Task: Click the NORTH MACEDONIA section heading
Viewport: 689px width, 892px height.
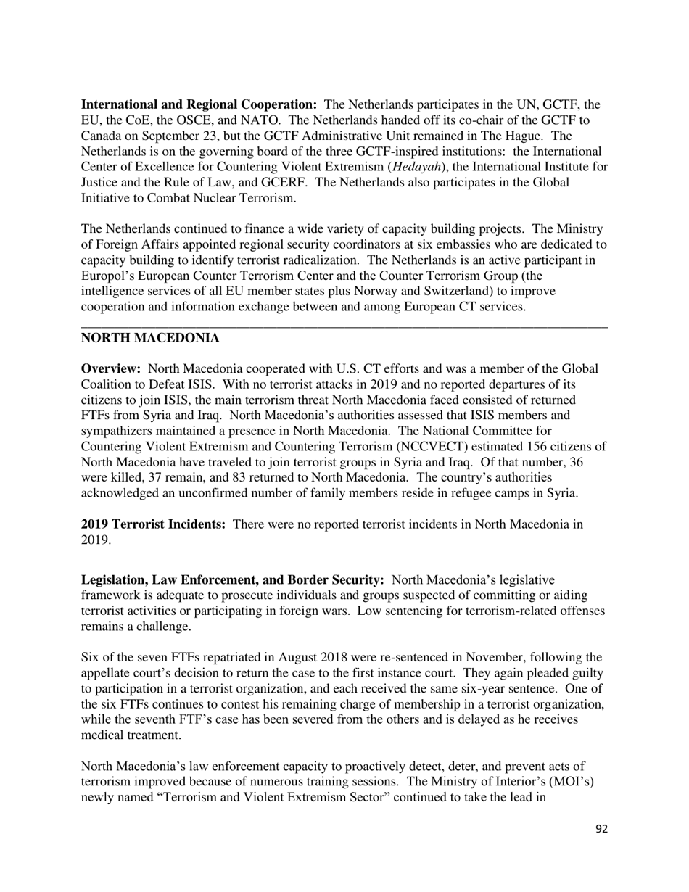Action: (149, 339)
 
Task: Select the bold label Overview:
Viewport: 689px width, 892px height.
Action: (110, 369)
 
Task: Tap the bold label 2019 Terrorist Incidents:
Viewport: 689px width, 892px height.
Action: (153, 524)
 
